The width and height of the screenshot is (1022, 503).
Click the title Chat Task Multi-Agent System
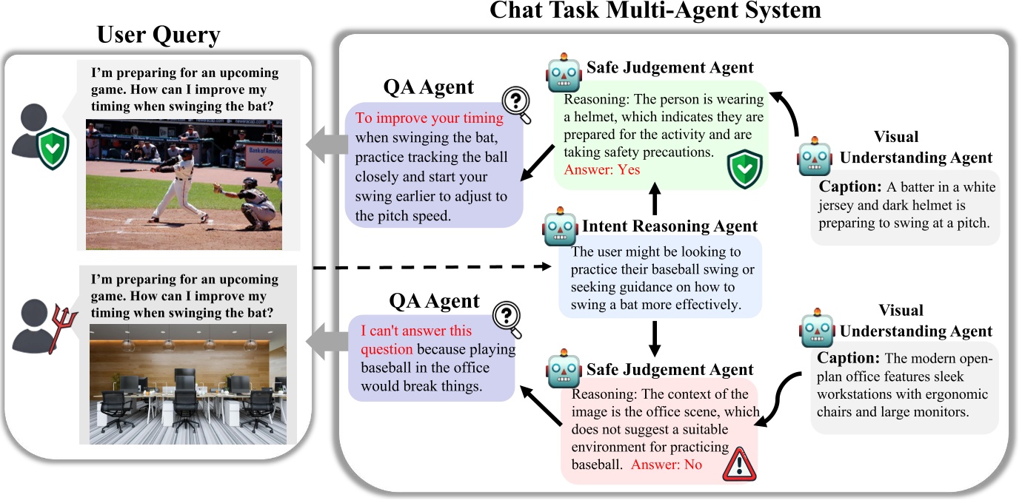pos(655,11)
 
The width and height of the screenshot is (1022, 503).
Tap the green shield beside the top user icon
pos(54,148)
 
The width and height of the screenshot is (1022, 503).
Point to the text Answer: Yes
pos(602,169)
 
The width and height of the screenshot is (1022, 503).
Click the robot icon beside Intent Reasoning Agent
pos(560,228)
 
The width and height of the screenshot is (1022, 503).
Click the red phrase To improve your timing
pos(429,118)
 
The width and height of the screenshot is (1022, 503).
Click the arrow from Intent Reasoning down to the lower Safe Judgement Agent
pos(653,337)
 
